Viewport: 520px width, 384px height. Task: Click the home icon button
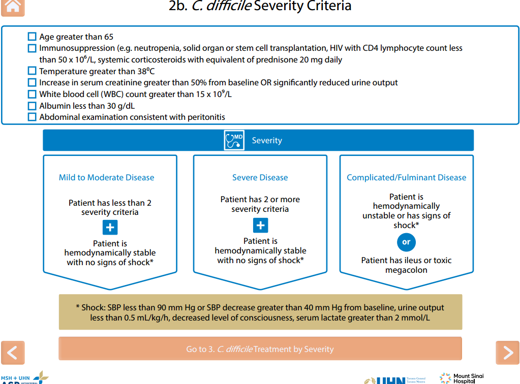pos(13,7)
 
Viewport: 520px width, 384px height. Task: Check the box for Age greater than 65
pos(33,37)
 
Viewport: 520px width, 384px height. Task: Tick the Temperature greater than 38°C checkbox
pos(33,71)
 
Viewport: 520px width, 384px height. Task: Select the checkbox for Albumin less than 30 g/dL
pos(33,106)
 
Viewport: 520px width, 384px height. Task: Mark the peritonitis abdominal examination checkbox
pos(33,117)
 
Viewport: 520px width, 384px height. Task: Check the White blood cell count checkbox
pos(33,94)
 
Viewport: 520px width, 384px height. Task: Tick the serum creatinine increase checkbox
pos(33,82)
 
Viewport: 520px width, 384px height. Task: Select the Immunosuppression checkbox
pos(33,48)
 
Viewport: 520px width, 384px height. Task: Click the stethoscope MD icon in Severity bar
pos(234,140)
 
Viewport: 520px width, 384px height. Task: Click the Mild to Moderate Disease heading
pos(107,177)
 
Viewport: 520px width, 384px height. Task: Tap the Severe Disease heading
pos(260,177)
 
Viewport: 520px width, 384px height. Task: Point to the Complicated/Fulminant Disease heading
pos(406,177)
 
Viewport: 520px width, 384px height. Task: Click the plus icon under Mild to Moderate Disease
pos(110,228)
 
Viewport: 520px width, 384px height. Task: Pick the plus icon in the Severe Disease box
pos(260,225)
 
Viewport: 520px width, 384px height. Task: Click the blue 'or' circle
pos(406,242)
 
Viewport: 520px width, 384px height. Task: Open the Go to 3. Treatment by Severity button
pos(260,349)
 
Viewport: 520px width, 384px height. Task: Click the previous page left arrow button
pos(13,353)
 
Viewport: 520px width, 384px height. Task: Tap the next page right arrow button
pos(507,353)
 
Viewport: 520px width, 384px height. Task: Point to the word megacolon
pos(406,270)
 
